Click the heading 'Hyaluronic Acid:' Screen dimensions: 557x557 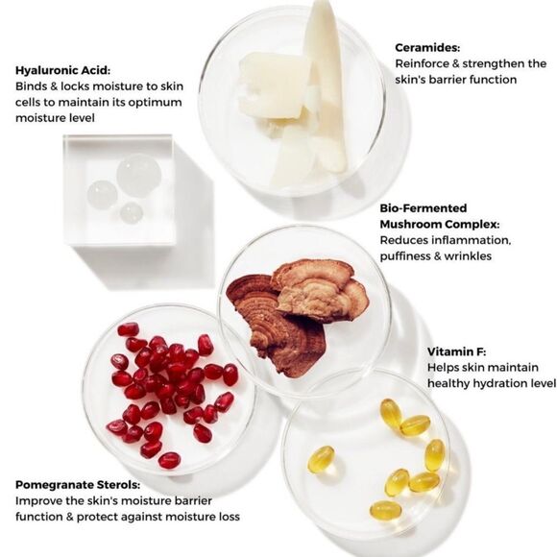point(62,70)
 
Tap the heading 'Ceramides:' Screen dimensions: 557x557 point(427,48)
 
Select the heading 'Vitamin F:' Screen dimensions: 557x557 point(456,351)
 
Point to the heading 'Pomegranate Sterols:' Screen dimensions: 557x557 point(78,485)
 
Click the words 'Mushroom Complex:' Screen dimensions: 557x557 point(440,225)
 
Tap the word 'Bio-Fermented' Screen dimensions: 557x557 point(424,208)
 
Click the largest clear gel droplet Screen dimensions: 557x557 point(139,175)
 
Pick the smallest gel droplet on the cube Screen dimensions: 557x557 point(131,213)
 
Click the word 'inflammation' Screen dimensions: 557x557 point(471,240)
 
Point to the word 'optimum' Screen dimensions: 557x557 point(155,103)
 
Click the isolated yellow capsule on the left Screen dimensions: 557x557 point(321,459)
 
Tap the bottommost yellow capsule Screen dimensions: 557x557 point(386,510)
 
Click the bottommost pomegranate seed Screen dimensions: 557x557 point(169,460)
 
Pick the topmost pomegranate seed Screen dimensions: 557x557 point(129,329)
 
